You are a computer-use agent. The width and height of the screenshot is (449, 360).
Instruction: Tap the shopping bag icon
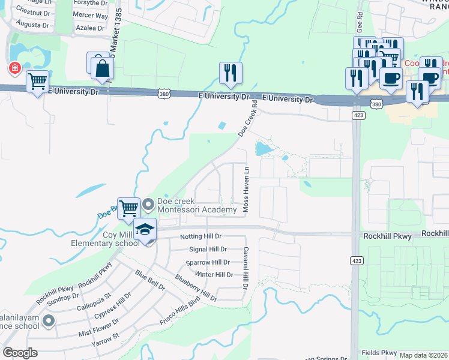(103, 68)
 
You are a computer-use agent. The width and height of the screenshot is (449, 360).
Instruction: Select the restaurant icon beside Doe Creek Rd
(231, 73)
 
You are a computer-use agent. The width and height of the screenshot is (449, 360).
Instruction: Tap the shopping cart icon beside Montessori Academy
(128, 209)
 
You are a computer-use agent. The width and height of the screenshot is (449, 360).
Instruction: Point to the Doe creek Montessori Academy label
(196, 205)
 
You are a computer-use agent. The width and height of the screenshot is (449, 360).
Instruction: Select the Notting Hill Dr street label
(201, 237)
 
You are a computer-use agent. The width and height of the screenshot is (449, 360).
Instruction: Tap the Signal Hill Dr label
(207, 249)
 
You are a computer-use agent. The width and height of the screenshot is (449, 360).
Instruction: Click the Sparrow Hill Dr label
(208, 262)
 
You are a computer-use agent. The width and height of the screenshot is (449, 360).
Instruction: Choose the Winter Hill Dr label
(213, 274)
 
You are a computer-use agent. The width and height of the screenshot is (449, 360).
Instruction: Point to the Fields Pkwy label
(379, 353)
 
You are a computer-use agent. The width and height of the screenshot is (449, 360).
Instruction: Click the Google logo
(20, 353)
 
